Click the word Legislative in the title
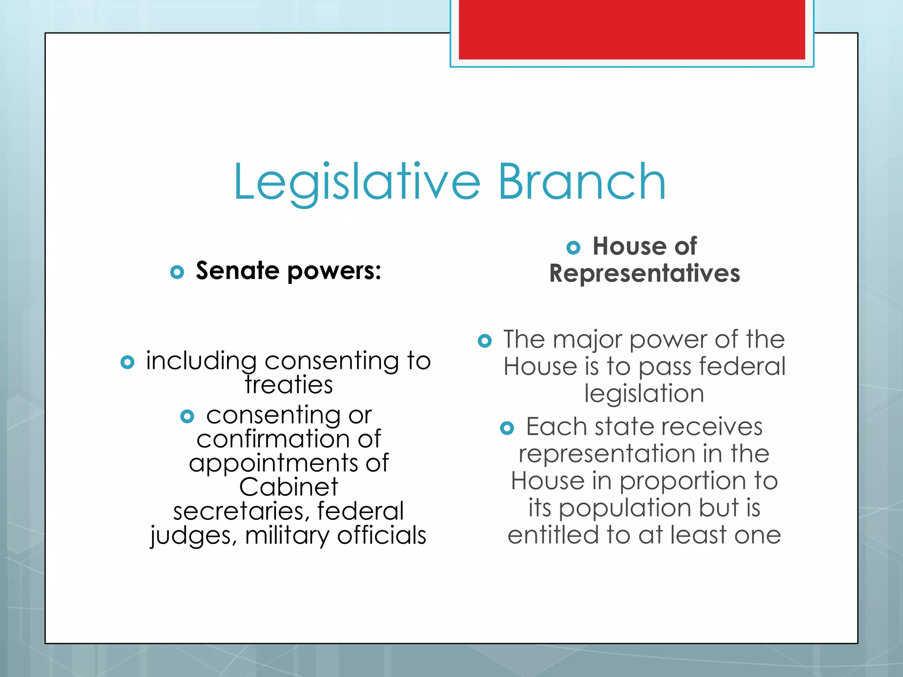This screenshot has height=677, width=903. coord(356,182)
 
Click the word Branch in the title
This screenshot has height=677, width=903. coord(582,182)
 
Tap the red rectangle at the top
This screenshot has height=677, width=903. coord(632,29)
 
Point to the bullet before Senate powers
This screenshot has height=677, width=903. coord(177,272)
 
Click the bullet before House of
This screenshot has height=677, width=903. coord(573,248)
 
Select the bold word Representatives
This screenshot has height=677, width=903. coord(644,273)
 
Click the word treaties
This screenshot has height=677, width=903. coord(289,384)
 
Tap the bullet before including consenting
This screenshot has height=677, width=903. coord(127,362)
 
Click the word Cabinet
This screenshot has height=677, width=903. coord(289,487)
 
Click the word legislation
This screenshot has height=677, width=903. coord(644,393)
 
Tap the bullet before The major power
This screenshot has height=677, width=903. coord(484,341)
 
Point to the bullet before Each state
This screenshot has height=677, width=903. coord(507,428)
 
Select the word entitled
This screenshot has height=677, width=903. coord(553,535)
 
